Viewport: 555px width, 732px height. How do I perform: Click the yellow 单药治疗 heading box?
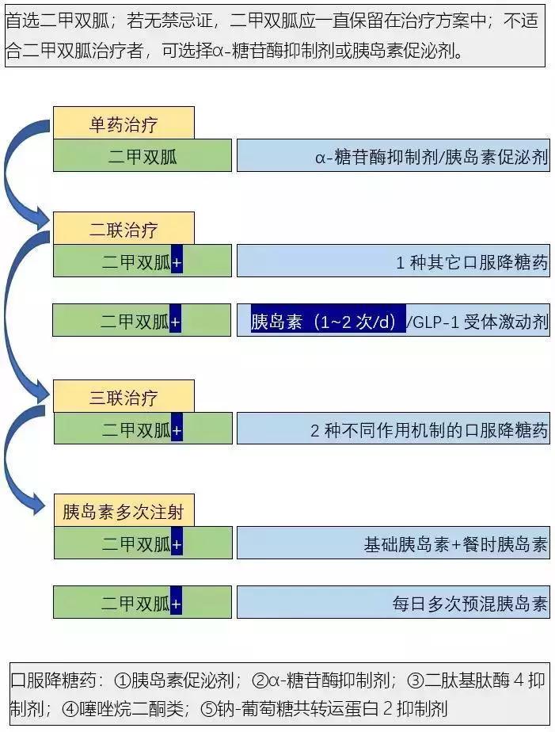point(123,124)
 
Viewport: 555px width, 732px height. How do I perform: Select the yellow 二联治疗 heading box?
point(123,230)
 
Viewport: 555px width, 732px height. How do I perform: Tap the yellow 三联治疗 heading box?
point(123,398)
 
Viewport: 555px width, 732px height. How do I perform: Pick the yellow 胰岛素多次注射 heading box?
point(123,511)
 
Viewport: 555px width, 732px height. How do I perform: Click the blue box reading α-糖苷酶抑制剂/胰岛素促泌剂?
point(393,157)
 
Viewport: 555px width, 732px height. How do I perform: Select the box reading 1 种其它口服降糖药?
point(393,261)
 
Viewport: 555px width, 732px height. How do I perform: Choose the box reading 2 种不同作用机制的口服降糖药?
point(393,430)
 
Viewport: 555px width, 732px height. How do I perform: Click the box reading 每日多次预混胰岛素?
point(393,604)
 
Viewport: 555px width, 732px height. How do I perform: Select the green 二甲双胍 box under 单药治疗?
point(143,157)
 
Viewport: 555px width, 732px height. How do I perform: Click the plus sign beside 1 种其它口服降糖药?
point(177,261)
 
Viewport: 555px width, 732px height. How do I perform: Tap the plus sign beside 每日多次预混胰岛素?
point(177,604)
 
